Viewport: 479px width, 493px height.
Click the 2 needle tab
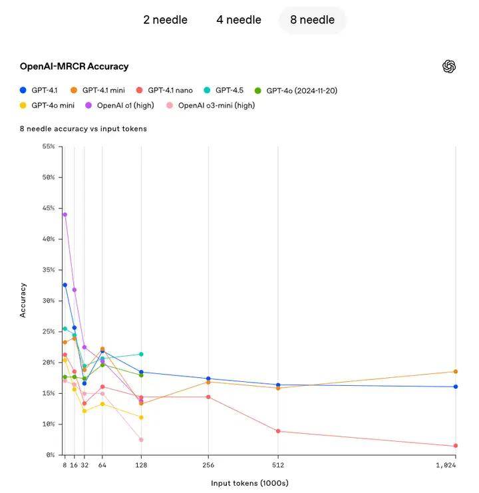click(165, 20)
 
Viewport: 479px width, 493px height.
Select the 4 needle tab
click(238, 20)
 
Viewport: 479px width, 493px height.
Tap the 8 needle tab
click(312, 20)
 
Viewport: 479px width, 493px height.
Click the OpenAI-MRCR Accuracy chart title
click(74, 67)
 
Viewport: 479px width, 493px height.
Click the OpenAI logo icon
click(449, 67)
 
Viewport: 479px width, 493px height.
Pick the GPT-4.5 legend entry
click(230, 90)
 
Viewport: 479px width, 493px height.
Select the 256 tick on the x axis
click(208, 466)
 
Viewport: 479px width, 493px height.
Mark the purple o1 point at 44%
click(65, 214)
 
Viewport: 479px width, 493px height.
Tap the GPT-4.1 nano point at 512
click(278, 431)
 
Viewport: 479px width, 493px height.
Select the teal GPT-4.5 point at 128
click(141, 354)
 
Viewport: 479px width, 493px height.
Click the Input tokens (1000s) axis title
click(249, 483)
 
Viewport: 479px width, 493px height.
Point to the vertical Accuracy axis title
click(23, 300)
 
